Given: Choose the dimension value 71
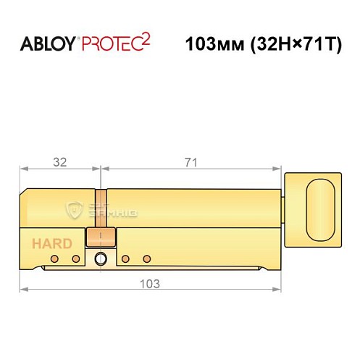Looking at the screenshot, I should coord(191,163).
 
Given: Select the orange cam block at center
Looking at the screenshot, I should coord(100,237).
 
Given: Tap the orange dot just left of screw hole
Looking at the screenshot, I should coord(75,259).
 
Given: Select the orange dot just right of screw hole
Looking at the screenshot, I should coord(125,259).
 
